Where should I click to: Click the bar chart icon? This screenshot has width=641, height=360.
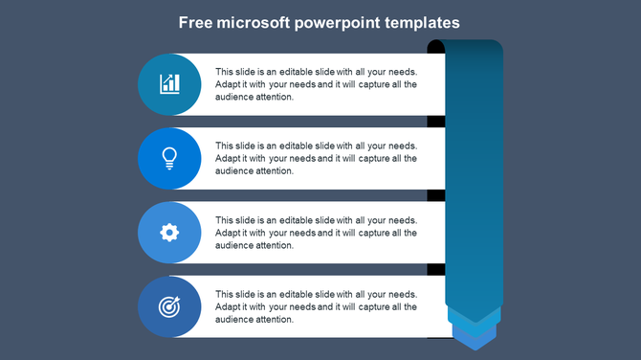(169, 84)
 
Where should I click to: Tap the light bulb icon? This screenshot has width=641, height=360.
(169, 158)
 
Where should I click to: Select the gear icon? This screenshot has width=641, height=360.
(169, 232)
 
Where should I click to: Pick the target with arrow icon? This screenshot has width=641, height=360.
(169, 307)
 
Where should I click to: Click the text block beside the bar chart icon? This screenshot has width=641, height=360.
(316, 84)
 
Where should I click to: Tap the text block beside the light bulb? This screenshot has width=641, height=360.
(316, 158)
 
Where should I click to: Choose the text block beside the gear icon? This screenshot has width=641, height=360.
(316, 233)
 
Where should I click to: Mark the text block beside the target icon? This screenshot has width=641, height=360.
(316, 306)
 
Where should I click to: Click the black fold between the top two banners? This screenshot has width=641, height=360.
(435, 122)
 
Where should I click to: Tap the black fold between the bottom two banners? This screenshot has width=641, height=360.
(435, 269)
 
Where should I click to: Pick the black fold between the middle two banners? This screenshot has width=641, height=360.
(435, 195)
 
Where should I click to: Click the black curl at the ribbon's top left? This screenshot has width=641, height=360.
(435, 47)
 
